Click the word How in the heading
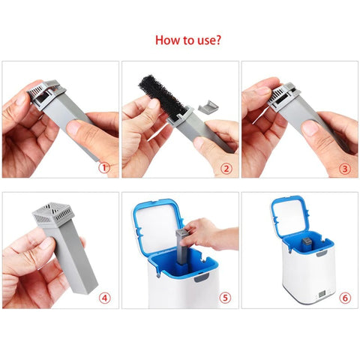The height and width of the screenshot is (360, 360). tap(167, 40)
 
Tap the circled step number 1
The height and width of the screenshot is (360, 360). tap(104, 168)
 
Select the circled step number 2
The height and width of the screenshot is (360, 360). tap(225, 168)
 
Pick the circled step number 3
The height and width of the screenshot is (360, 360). tap(343, 168)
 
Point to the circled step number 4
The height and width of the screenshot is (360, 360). tap(104, 298)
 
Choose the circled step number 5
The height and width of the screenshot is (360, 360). tap(225, 298)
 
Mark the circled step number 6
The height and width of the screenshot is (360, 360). tap(345, 298)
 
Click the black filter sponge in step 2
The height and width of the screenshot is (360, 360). tap(160, 94)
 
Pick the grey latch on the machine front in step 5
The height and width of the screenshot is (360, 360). tap(200, 279)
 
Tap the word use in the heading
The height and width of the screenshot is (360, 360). tap(202, 40)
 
